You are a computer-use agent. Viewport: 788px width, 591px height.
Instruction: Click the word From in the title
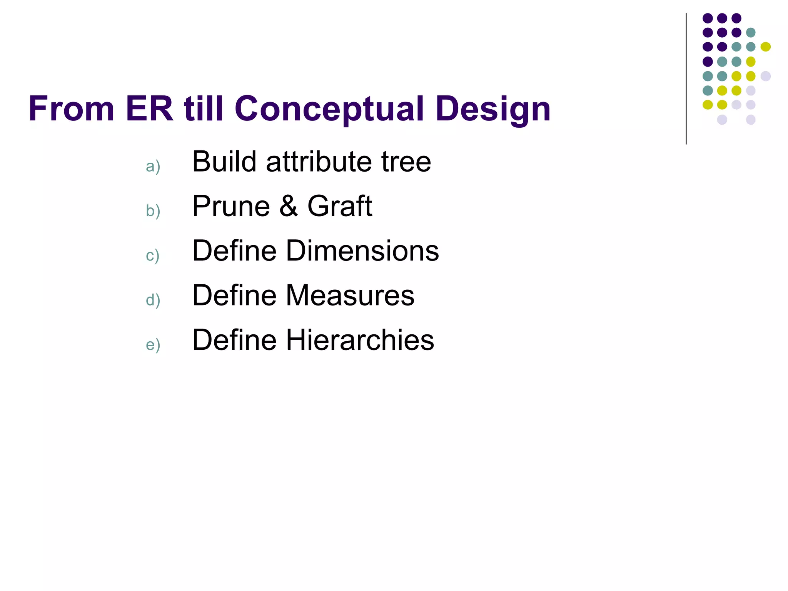pos(71,109)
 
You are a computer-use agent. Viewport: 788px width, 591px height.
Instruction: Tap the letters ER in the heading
pos(149,109)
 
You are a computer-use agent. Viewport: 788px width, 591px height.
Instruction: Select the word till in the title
pos(204,109)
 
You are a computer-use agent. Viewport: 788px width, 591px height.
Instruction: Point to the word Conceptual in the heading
pos(329,109)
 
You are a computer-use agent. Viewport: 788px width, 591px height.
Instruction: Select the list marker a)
pos(153,167)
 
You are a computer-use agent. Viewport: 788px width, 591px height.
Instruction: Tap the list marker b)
pos(153,211)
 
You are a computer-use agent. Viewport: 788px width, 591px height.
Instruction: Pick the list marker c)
pos(152,255)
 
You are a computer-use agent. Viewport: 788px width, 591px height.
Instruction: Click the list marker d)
pos(153,300)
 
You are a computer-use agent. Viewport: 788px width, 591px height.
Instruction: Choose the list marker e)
pos(153,345)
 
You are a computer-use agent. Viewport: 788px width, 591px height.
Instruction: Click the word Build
pos(224,162)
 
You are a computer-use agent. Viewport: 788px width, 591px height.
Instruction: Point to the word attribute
pos(319,162)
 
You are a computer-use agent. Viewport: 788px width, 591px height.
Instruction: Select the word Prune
pos(231,206)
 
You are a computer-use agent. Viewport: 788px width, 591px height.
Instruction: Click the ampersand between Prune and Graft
pos(289,206)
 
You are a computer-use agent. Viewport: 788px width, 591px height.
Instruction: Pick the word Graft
pos(340,206)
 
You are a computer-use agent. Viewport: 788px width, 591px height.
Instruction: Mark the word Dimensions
pos(362,251)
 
